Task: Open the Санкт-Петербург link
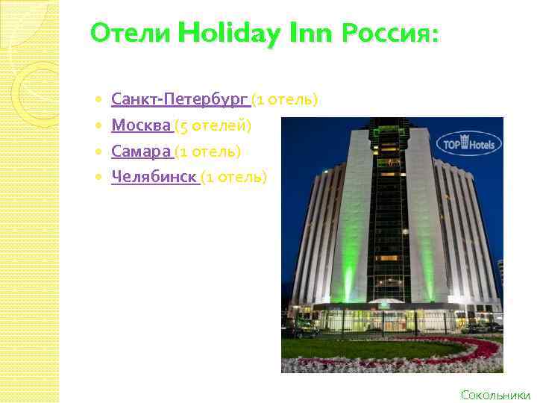click(x=179, y=99)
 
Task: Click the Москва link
click(x=140, y=125)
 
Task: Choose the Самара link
click(x=140, y=151)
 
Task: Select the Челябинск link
click(x=154, y=177)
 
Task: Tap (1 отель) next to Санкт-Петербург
click(x=285, y=99)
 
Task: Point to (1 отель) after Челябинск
click(x=233, y=177)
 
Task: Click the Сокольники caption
click(x=495, y=395)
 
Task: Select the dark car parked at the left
click(x=306, y=333)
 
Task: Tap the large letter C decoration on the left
click(x=34, y=86)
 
